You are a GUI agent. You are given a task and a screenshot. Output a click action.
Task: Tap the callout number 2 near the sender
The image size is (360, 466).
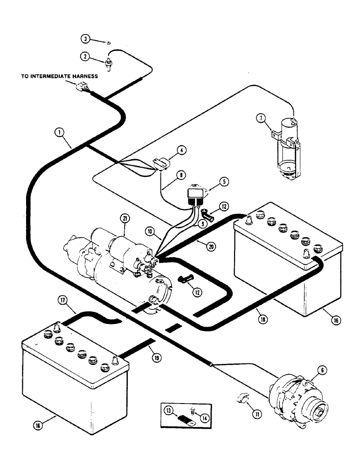point(84,56)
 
